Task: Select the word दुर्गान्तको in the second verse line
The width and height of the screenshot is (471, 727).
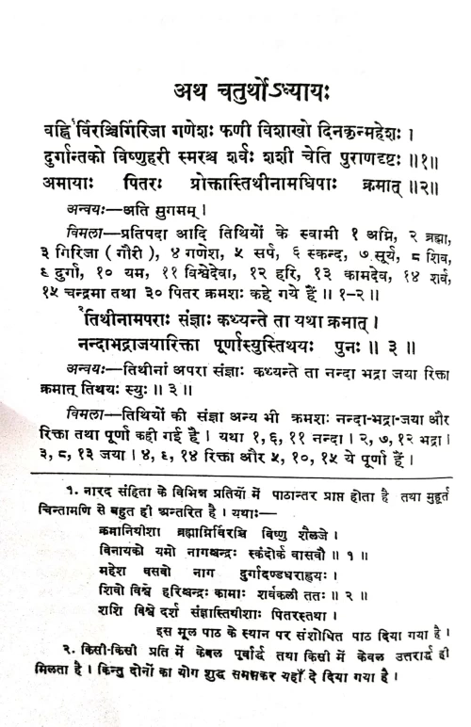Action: pyautogui.click(x=86, y=154)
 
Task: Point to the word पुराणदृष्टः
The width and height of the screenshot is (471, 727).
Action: pyautogui.click(x=365, y=154)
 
